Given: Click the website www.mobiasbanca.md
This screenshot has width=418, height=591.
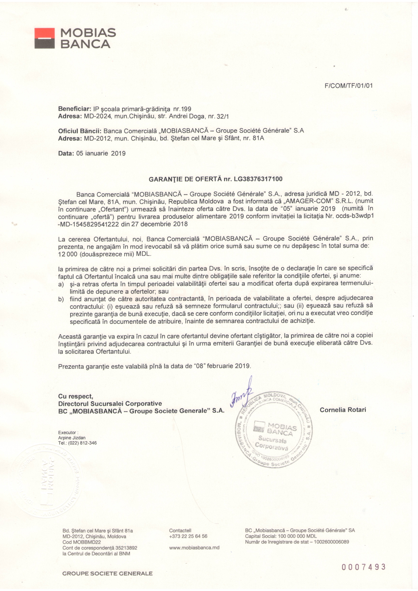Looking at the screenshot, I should pos(194,548).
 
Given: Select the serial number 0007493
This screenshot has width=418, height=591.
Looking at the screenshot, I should pos(363,567).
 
